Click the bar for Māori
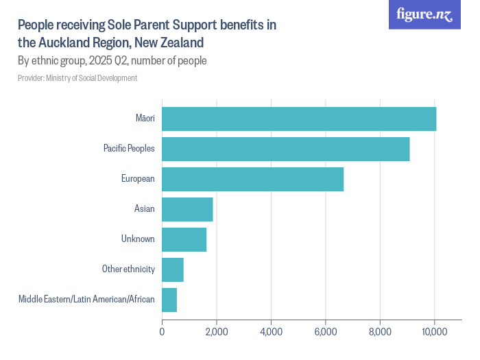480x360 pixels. tap(299, 119)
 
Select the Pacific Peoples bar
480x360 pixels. tap(286, 149)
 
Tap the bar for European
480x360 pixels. tap(252, 179)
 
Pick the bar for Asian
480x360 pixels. tap(187, 209)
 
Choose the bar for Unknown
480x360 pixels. tap(184, 239)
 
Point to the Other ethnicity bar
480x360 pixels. tap(173, 269)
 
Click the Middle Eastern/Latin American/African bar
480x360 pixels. tap(169, 300)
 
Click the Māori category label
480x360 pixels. tap(145, 119)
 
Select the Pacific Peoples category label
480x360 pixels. tap(129, 149)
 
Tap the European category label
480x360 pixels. tap(138, 179)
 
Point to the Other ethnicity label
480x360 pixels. tap(128, 269)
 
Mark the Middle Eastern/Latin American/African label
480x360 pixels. tap(86, 300)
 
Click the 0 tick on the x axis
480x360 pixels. tap(162, 332)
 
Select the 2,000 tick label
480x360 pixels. tap(216, 332)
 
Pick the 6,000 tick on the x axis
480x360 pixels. tap(325, 332)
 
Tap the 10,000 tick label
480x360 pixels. tap(434, 332)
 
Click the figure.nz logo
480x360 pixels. tap(424, 15)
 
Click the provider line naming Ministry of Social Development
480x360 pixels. tap(77, 78)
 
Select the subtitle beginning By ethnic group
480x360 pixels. tap(112, 60)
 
